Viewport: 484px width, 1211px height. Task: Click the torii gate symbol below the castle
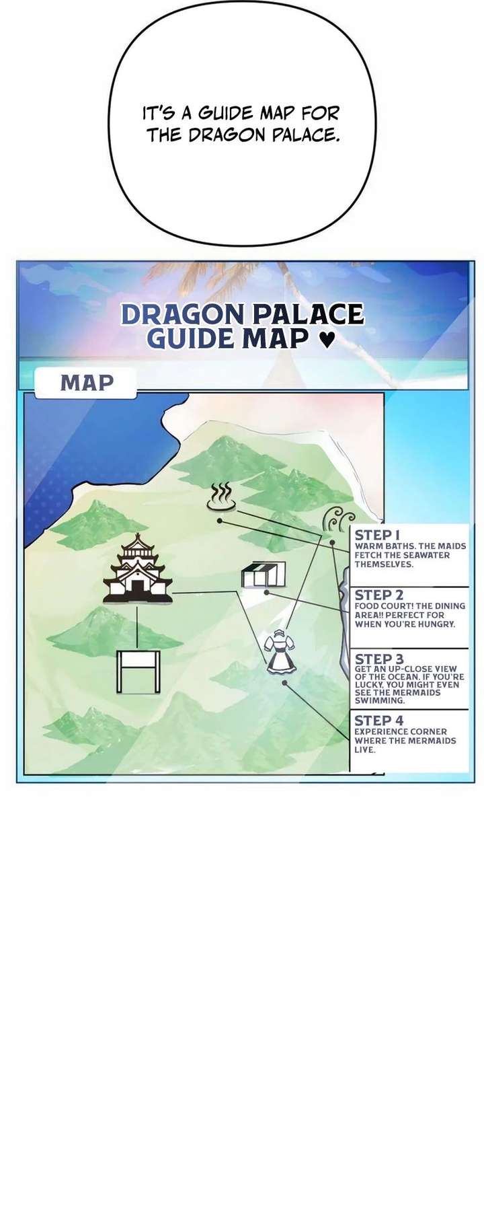coord(138,672)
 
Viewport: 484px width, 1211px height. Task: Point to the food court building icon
coord(264,575)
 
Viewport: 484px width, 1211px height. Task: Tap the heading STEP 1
coord(377,536)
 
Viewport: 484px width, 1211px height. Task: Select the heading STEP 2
coord(379,595)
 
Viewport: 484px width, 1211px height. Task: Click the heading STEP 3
coord(379,659)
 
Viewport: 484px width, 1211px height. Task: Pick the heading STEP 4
coord(379,721)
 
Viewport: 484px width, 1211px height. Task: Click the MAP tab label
coord(87,383)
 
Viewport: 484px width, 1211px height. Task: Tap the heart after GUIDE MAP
coord(325,339)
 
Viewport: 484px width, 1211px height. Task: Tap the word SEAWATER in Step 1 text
coord(426,555)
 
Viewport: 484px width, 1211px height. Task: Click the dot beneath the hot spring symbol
coord(220,520)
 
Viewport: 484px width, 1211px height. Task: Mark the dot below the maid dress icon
coord(285,683)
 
